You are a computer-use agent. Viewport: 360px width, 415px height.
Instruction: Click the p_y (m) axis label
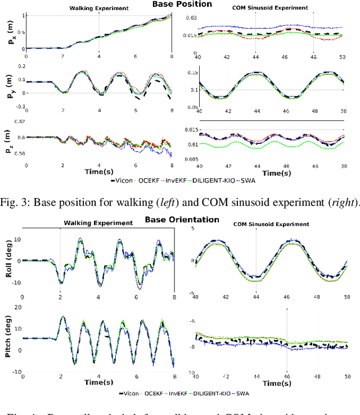pyautogui.click(x=7, y=86)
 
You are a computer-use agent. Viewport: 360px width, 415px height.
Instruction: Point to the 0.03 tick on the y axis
pyautogui.click(x=192, y=19)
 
